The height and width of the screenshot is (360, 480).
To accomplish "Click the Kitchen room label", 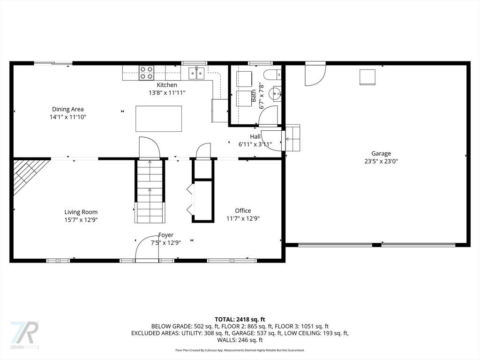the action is [x=167, y=85].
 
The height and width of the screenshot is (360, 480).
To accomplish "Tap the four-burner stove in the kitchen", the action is [x=146, y=73].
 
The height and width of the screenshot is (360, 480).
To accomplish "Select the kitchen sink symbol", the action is [x=196, y=74].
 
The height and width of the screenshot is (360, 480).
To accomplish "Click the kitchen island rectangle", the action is [x=158, y=119].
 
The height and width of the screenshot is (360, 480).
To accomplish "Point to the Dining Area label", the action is [x=67, y=109].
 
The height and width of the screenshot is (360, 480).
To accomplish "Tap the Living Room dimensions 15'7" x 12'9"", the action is [x=81, y=220].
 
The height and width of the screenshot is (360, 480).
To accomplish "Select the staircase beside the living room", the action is [x=150, y=191].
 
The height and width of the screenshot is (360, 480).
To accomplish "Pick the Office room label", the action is [x=243, y=210].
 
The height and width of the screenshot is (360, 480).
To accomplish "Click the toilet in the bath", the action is [x=272, y=74].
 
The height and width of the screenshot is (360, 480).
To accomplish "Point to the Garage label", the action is [x=381, y=153].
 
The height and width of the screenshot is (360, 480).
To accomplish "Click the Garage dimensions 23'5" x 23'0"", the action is [x=381, y=161].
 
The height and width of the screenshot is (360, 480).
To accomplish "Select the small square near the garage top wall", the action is [x=367, y=77].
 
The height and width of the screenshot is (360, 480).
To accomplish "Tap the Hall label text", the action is [x=255, y=136].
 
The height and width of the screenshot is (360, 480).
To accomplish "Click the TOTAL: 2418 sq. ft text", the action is [x=240, y=320].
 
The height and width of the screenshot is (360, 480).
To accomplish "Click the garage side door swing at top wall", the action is [x=315, y=75].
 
